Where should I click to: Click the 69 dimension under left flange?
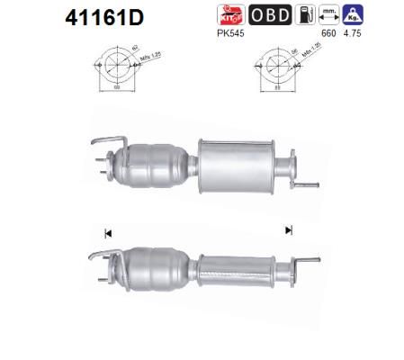click(x=115, y=96)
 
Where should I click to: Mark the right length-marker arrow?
click(x=288, y=230)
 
